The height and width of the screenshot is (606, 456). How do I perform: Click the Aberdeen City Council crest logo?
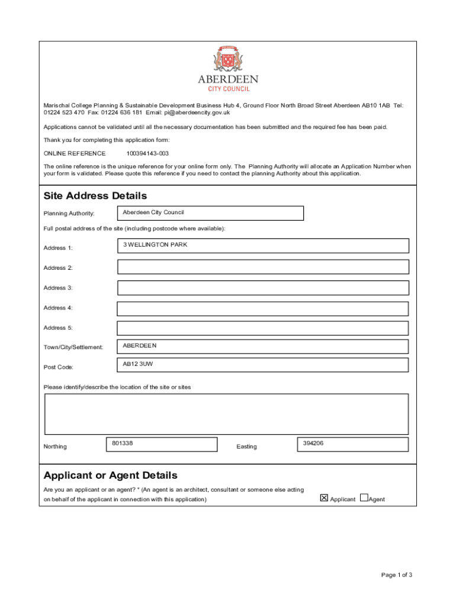(228, 60)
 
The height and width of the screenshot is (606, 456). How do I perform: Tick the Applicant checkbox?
(324, 498)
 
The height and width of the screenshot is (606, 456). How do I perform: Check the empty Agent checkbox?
(364, 498)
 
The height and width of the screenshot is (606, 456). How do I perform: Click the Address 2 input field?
(263, 267)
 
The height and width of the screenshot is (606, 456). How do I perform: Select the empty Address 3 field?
(263, 288)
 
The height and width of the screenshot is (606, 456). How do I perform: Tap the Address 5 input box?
(263, 328)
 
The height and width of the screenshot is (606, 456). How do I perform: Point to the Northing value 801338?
(122, 443)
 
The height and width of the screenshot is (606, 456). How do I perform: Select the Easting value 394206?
(313, 443)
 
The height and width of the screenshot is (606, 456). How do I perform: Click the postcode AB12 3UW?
(137, 364)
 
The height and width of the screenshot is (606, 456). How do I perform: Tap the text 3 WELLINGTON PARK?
(155, 244)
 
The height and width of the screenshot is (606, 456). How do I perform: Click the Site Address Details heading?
(95, 196)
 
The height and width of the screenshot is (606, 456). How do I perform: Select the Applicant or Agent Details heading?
(110, 476)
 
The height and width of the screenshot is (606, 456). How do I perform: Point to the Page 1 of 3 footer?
(396, 575)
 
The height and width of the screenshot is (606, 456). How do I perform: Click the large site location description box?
(226, 414)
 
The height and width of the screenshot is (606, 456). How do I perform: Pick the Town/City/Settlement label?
(73, 347)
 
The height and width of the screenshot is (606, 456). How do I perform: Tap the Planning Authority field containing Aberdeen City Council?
(210, 213)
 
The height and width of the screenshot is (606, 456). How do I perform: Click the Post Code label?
(58, 368)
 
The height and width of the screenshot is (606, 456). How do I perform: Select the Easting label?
(246, 447)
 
